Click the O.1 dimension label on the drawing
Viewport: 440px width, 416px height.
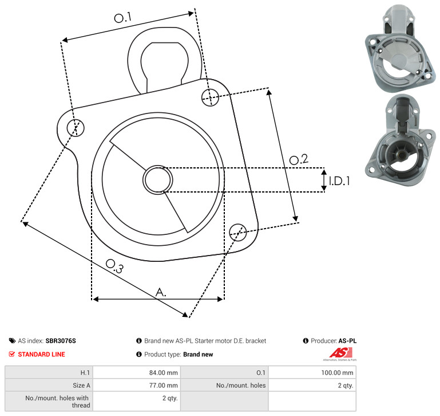[x=122, y=17]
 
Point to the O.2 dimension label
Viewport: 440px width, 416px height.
[x=299, y=159]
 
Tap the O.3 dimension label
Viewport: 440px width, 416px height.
[x=114, y=266]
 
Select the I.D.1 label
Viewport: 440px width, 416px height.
[x=339, y=181]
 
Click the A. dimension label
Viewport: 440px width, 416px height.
[x=161, y=292]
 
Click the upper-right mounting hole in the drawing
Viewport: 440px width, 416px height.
[x=210, y=97]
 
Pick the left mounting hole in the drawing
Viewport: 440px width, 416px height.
[x=76, y=128]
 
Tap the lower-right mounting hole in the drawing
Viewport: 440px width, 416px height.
[x=238, y=232]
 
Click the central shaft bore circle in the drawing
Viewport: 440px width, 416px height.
[x=158, y=180]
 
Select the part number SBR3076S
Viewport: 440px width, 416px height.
[x=61, y=341]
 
